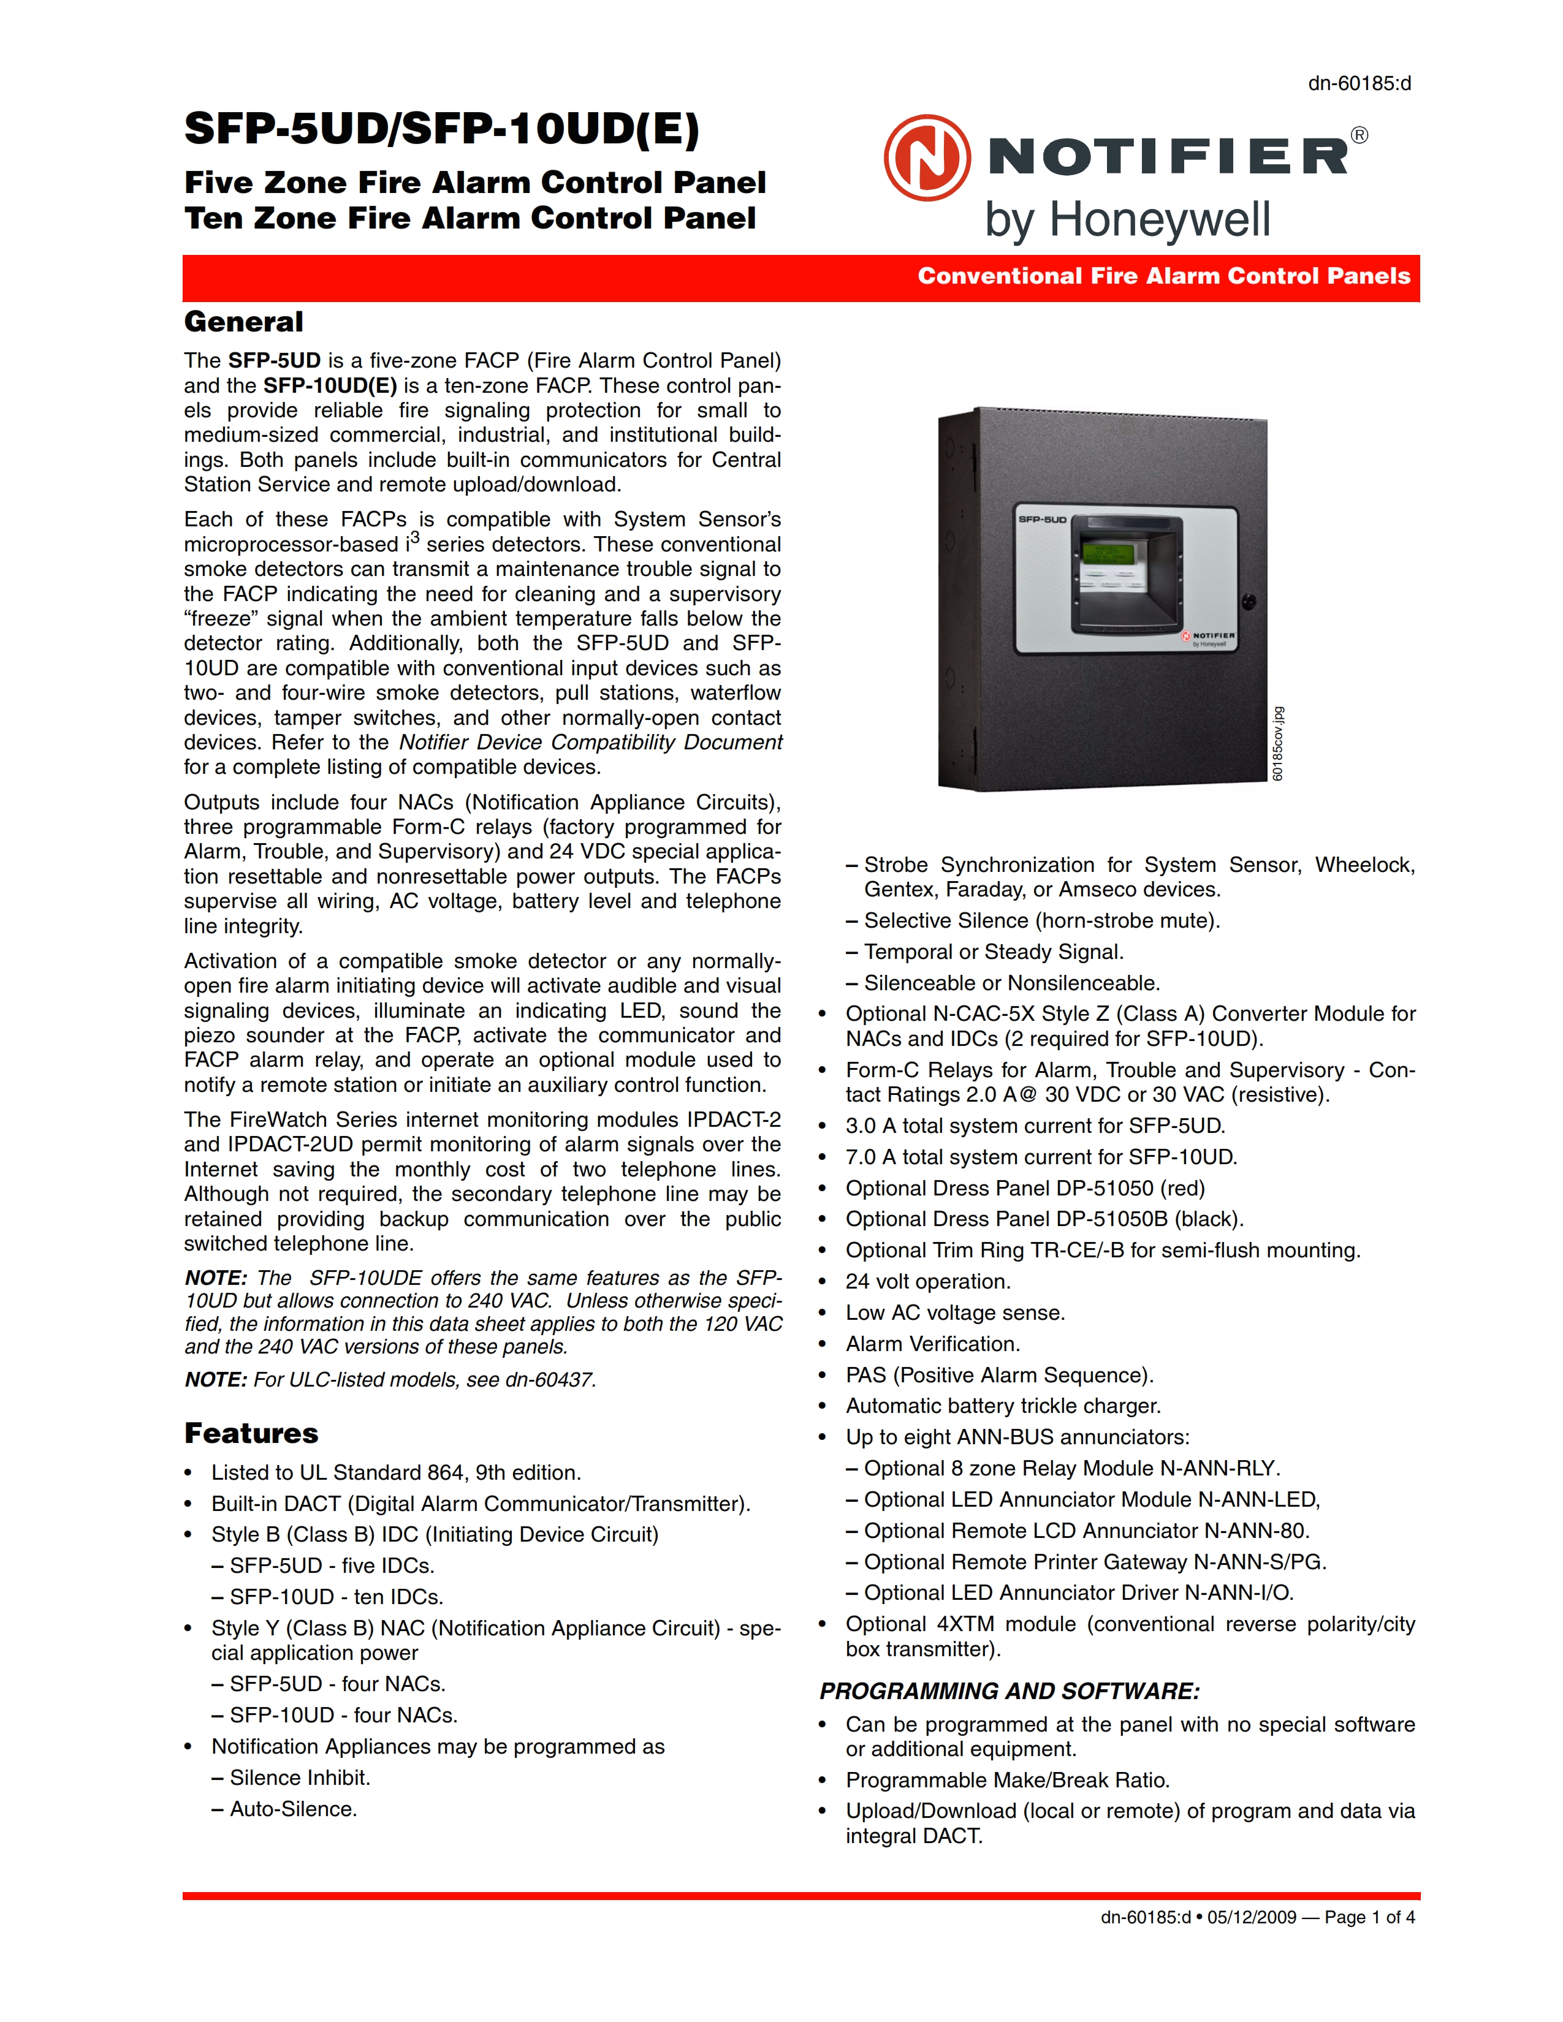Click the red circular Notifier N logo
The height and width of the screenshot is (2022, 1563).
click(927, 157)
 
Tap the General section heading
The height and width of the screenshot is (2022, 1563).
click(243, 322)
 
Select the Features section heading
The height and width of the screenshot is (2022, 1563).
click(251, 1433)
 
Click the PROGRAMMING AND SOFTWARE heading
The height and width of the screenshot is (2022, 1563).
click(1010, 1692)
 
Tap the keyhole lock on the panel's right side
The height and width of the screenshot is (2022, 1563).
click(1248, 602)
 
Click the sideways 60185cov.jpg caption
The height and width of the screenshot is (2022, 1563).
click(1278, 743)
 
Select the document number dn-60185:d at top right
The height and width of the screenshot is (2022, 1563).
click(1360, 83)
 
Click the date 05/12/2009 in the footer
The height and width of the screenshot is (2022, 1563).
click(1252, 1917)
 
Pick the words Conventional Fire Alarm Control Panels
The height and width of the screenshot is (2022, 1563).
click(1164, 276)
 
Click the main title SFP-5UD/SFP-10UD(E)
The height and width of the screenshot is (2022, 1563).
click(442, 129)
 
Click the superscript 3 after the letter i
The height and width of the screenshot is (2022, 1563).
click(415, 537)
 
